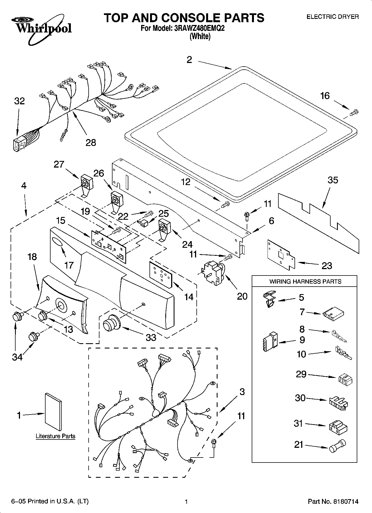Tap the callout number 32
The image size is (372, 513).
click(19, 101)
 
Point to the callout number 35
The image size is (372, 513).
click(333, 180)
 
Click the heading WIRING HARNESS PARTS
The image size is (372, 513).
click(305, 281)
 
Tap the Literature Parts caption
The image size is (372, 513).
click(55, 436)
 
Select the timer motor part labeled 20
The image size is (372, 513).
click(213, 272)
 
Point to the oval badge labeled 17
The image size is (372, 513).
click(57, 243)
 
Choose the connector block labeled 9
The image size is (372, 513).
click(269, 342)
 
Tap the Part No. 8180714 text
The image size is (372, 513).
click(333, 501)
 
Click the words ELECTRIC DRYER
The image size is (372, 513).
click(332, 17)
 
